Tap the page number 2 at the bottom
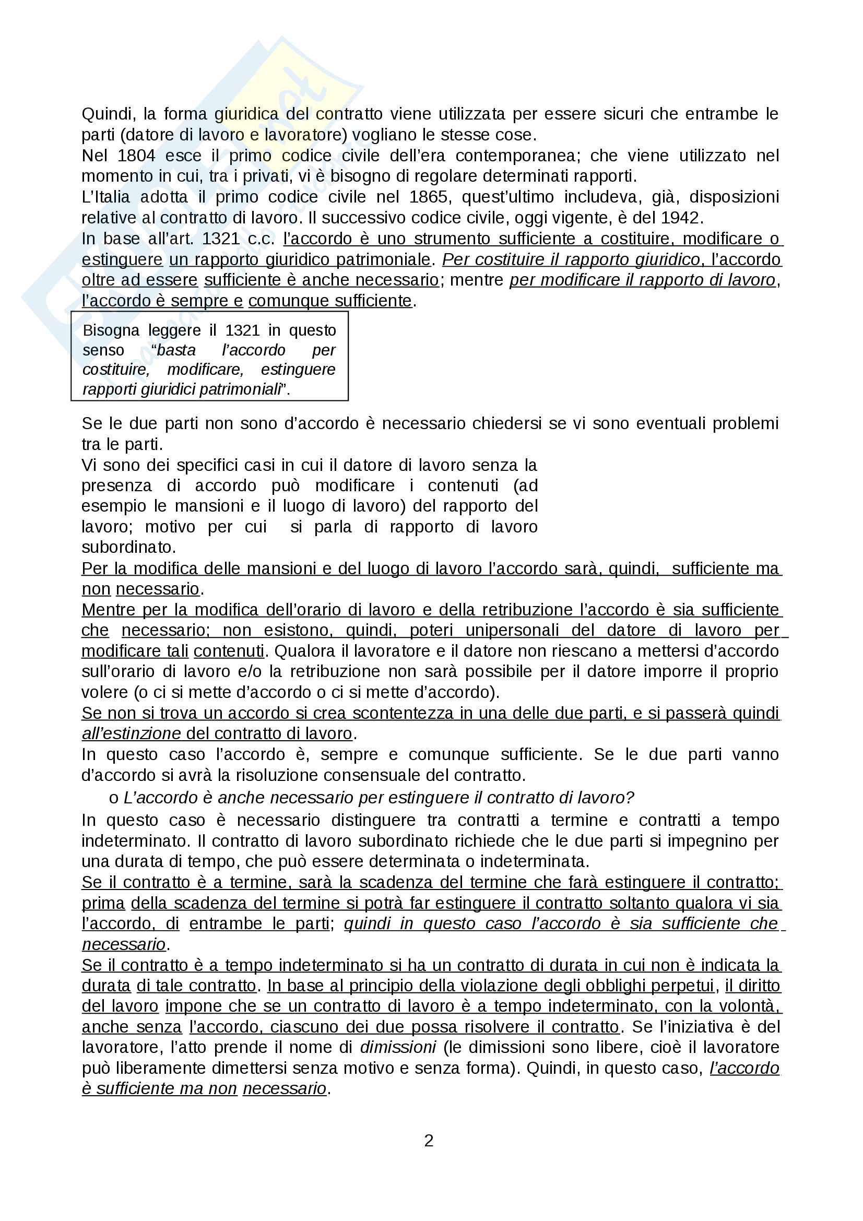429,1141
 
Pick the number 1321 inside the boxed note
242,331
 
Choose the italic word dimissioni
398,1048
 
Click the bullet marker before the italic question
113,798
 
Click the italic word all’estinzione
132,734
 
